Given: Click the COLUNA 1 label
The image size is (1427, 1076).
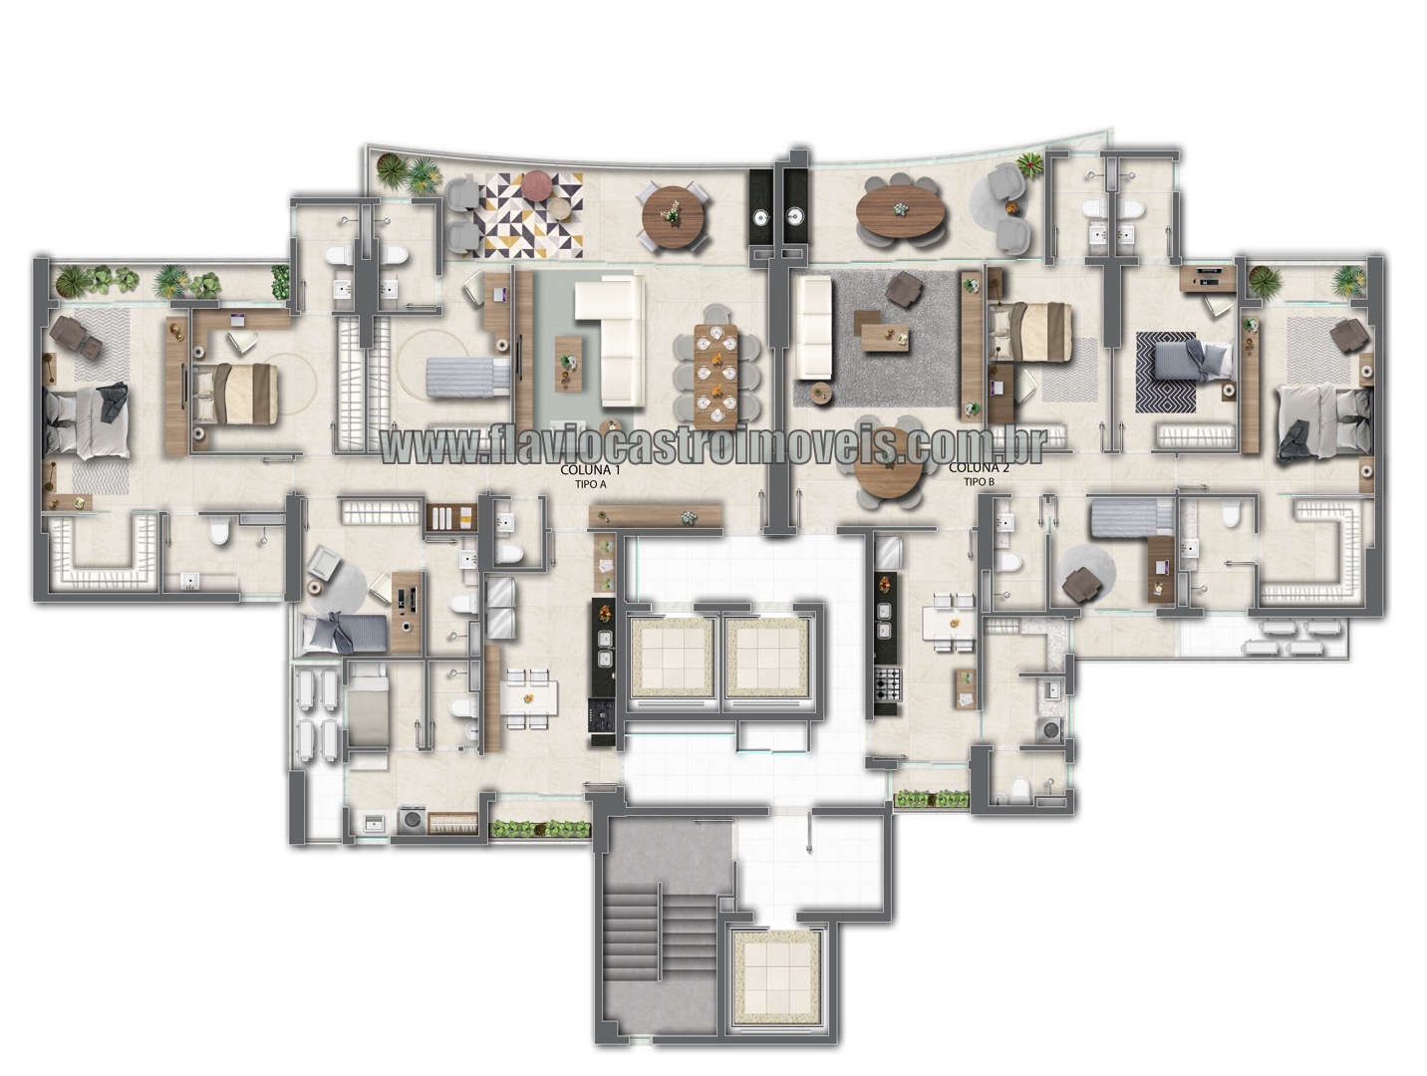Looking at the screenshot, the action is [590, 470].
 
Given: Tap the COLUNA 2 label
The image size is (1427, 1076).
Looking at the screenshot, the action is [979, 467].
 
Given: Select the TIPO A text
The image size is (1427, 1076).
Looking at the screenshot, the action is [590, 484].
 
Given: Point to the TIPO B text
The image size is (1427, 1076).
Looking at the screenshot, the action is [980, 481].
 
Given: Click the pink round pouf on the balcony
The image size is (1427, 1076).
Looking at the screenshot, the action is [537, 184].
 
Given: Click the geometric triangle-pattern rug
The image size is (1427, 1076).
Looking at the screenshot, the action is [530, 215].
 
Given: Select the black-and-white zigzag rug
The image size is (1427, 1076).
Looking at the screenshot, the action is [1166, 372].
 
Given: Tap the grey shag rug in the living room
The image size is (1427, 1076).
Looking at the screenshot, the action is [876, 338].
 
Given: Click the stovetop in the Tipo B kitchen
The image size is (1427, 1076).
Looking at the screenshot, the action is [888, 683].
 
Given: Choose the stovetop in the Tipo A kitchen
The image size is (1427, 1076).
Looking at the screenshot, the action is [601, 714].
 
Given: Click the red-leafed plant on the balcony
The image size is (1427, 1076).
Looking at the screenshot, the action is [1029, 164].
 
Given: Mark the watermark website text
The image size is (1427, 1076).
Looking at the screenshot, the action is [713, 445].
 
